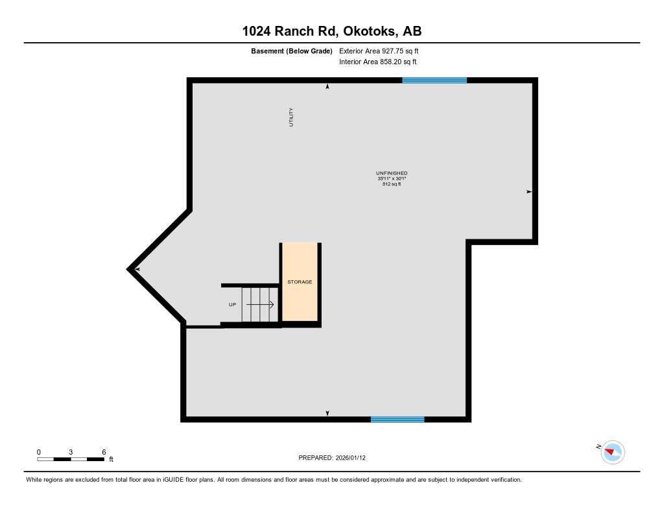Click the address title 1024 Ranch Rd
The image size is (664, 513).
click(331, 31)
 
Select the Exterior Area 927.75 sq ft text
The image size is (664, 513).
click(383, 51)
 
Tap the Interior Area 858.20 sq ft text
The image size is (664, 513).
click(377, 62)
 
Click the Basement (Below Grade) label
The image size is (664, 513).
click(292, 51)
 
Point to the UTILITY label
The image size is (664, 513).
click(292, 117)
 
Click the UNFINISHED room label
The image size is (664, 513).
click(392, 173)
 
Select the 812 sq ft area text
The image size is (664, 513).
click(392, 184)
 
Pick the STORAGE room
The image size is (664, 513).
click(300, 282)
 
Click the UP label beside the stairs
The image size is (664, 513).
click(232, 304)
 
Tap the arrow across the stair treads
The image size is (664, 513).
click(260, 304)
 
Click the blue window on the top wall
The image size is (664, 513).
click(434, 80)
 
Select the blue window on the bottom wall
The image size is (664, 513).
click(397, 420)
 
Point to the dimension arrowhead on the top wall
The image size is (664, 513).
click(327, 86)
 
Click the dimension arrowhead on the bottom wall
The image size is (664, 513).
click(327, 413)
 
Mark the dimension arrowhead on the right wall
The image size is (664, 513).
click(529, 192)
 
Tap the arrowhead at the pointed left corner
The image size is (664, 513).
click(137, 269)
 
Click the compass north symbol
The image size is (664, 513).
click(612, 451)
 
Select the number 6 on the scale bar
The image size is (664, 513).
click(104, 451)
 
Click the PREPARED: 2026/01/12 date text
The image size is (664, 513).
click(332, 457)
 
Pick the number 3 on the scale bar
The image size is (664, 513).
click(71, 451)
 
